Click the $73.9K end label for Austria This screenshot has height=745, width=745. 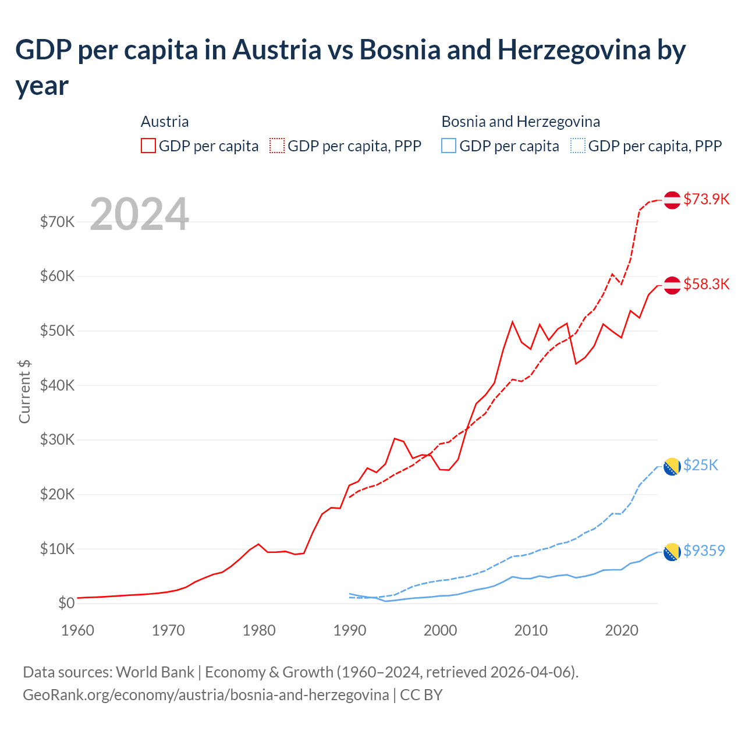pyautogui.click(x=706, y=199)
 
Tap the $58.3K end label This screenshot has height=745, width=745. pyautogui.click(x=706, y=284)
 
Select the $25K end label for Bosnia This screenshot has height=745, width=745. pyautogui.click(x=701, y=465)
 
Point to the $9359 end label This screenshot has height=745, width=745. pyautogui.click(x=704, y=551)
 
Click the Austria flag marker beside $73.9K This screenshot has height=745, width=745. pyautogui.click(x=672, y=200)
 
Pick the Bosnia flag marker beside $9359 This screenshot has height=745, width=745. pyautogui.click(x=672, y=551)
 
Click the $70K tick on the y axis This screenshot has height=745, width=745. pyautogui.click(x=57, y=222)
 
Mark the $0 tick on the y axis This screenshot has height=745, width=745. pyautogui.click(x=66, y=603)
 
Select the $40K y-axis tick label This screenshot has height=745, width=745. pyautogui.click(x=57, y=385)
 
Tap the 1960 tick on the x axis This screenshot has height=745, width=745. pyautogui.click(x=77, y=630)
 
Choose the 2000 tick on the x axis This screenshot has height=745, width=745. pyautogui.click(x=440, y=630)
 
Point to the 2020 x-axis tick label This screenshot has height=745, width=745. pyautogui.click(x=622, y=630)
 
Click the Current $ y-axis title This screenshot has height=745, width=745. pyautogui.click(x=24, y=391)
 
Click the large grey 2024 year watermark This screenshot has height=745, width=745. pyautogui.click(x=139, y=214)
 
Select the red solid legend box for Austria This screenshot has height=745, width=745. pyautogui.click(x=148, y=146)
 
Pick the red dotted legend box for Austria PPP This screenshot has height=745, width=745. pyautogui.click(x=277, y=146)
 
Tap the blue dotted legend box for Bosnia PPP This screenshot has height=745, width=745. pyautogui.click(x=577, y=146)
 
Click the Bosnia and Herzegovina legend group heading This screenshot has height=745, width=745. pyautogui.click(x=520, y=122)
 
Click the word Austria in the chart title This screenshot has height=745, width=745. pyautogui.click(x=276, y=50)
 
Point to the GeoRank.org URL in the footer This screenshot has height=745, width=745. pyautogui.click(x=205, y=695)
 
